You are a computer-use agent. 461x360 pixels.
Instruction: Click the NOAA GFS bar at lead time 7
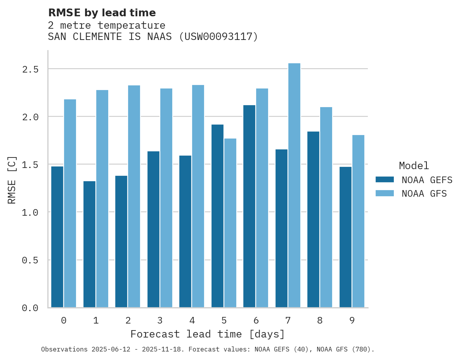294,185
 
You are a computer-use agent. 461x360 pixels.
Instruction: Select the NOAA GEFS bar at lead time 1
89,244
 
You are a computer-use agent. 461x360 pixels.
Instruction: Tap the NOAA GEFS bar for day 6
249,206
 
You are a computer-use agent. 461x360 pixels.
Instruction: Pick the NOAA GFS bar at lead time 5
230,223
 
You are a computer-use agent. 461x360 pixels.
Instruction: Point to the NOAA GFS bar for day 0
70,203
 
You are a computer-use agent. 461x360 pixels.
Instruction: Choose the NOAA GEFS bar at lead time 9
345,237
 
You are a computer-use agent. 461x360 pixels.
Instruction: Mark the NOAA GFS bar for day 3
166,198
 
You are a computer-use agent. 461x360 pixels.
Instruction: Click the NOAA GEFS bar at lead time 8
313,220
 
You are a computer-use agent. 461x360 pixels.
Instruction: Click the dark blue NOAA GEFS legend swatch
385,180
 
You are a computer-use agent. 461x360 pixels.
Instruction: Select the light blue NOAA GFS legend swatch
385,193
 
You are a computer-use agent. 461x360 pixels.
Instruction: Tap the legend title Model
414,166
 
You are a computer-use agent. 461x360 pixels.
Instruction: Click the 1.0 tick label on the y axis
30,213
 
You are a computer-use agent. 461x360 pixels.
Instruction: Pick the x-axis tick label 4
192,320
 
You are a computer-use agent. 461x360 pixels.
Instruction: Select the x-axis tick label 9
352,320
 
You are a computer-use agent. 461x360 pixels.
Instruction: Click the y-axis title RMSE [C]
12,180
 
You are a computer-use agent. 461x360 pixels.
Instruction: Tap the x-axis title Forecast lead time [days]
208,334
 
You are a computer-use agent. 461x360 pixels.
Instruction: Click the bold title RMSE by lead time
102,13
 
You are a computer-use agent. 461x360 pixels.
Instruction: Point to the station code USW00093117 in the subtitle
218,37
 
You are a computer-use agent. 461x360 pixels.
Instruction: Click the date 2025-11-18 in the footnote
164,350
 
